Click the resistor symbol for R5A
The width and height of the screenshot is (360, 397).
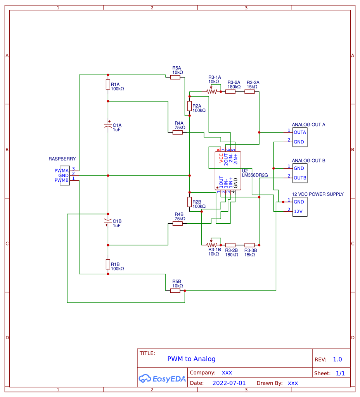(175, 77)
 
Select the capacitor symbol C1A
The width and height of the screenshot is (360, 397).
(108, 125)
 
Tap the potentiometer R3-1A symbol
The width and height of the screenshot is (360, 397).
(211, 92)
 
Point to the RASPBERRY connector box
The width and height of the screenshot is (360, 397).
(64, 176)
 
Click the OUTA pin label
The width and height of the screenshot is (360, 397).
(300, 132)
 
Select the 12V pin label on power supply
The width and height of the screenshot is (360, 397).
(298, 211)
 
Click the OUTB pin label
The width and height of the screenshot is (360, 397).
(300, 178)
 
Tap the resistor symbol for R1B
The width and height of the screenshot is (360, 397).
(108, 264)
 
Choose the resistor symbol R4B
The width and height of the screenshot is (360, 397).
(177, 224)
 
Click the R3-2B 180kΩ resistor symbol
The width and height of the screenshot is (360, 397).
(230, 245)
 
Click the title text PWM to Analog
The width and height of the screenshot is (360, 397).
(191, 359)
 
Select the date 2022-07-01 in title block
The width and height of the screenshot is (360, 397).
(229, 383)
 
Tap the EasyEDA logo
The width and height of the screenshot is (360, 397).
(163, 379)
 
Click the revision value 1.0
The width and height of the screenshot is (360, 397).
(337, 359)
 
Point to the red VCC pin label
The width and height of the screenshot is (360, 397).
(221, 159)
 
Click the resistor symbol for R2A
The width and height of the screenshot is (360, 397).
(189, 106)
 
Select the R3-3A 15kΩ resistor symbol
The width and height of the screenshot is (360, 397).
(249, 92)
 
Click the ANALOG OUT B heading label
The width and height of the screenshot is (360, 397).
(308, 161)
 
